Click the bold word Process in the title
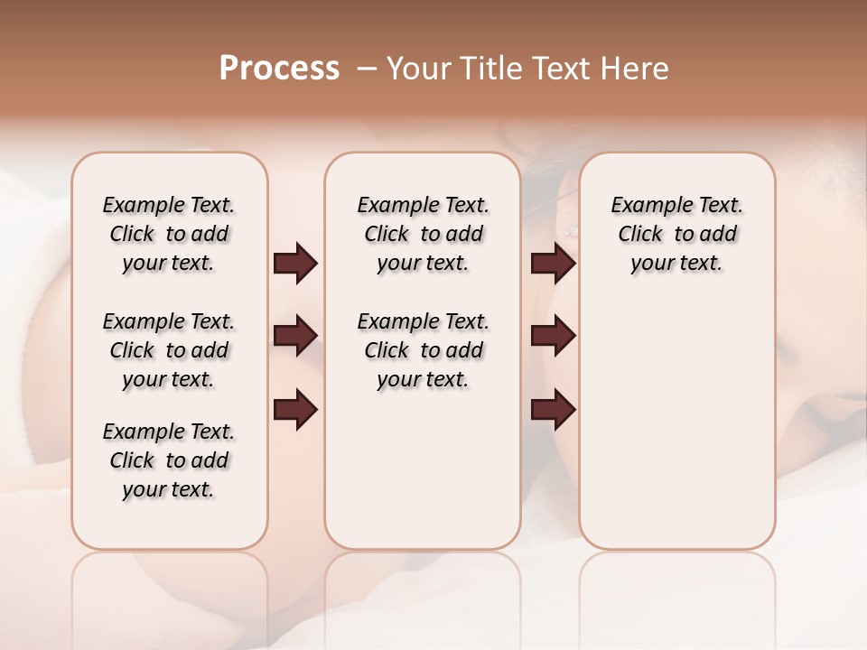pos(279,69)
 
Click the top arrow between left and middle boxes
pos(295,264)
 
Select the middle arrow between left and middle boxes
pos(295,336)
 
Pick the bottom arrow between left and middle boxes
pos(295,410)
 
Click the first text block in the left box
pos(169,234)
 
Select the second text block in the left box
pos(169,350)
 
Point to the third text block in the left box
pos(169,460)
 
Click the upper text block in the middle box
pos(423,234)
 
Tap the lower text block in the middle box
pos(423,350)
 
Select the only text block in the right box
pos(676,234)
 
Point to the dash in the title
pos(367,69)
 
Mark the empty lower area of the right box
pos(676,424)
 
